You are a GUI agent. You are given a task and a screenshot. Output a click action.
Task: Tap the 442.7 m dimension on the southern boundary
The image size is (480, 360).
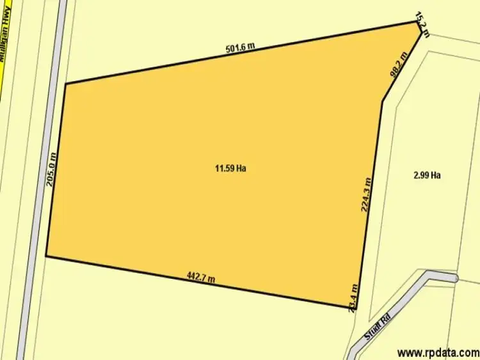[201, 277]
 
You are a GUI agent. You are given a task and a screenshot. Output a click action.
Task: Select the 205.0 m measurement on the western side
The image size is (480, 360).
[52, 169]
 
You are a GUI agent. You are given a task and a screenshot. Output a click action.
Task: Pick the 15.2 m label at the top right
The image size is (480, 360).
[422, 21]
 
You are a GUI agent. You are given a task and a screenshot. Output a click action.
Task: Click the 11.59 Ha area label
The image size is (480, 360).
[230, 169]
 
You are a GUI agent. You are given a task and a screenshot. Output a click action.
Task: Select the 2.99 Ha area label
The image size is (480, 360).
[427, 174]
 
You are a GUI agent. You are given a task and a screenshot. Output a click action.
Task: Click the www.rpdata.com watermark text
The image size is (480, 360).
[437, 352]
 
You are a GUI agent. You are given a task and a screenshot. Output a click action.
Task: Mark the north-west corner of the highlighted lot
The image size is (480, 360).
[65, 83]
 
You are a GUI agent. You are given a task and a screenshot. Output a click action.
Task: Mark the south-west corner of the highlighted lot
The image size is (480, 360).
[46, 256]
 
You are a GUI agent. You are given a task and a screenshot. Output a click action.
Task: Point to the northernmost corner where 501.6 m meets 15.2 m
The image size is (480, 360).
[417, 22]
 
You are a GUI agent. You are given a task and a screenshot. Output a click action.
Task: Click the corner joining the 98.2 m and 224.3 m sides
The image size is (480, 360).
[383, 101]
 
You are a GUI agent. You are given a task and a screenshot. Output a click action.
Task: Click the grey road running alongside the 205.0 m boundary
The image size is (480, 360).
[38, 192]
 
